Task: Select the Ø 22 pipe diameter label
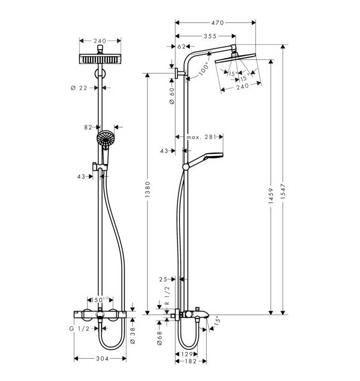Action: pyautogui.click(x=79, y=88)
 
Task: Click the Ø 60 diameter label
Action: pyautogui.click(x=172, y=96)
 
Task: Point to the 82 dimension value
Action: pyautogui.click(x=88, y=126)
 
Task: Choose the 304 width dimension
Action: pyautogui.click(x=100, y=359)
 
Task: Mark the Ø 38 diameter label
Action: pyautogui.click(x=133, y=336)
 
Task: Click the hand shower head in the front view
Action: pyautogui.click(x=106, y=139)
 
